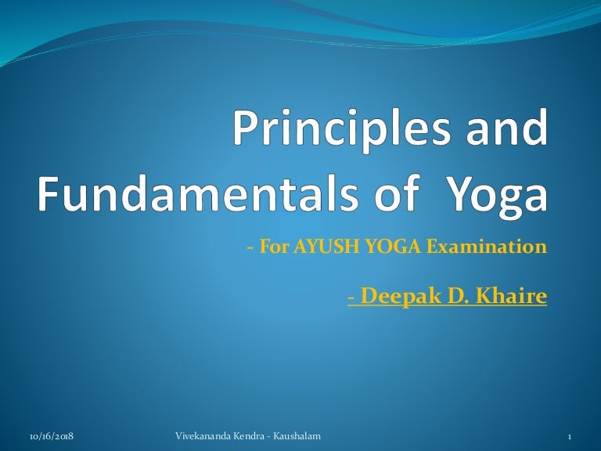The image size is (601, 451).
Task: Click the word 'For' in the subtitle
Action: click(x=269, y=248)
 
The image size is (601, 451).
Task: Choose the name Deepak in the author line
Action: click(x=389, y=298)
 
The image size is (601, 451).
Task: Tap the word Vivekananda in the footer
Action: click(x=200, y=435)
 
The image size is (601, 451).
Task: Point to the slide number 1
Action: click(x=570, y=435)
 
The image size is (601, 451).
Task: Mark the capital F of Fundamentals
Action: click(x=50, y=192)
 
